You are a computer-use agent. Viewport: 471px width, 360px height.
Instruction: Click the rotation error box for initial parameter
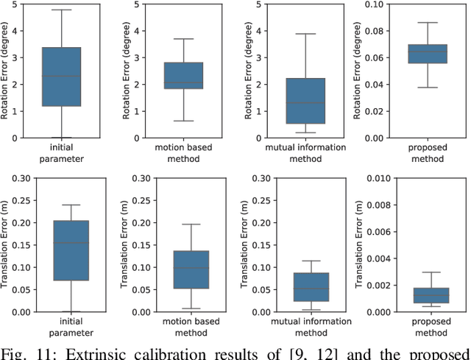[61, 77]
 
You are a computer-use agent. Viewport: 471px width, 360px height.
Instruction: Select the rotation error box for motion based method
[183, 75]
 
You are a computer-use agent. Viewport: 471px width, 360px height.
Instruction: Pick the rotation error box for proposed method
[427, 54]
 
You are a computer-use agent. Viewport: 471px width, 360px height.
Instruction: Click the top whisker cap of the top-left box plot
[61, 10]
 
